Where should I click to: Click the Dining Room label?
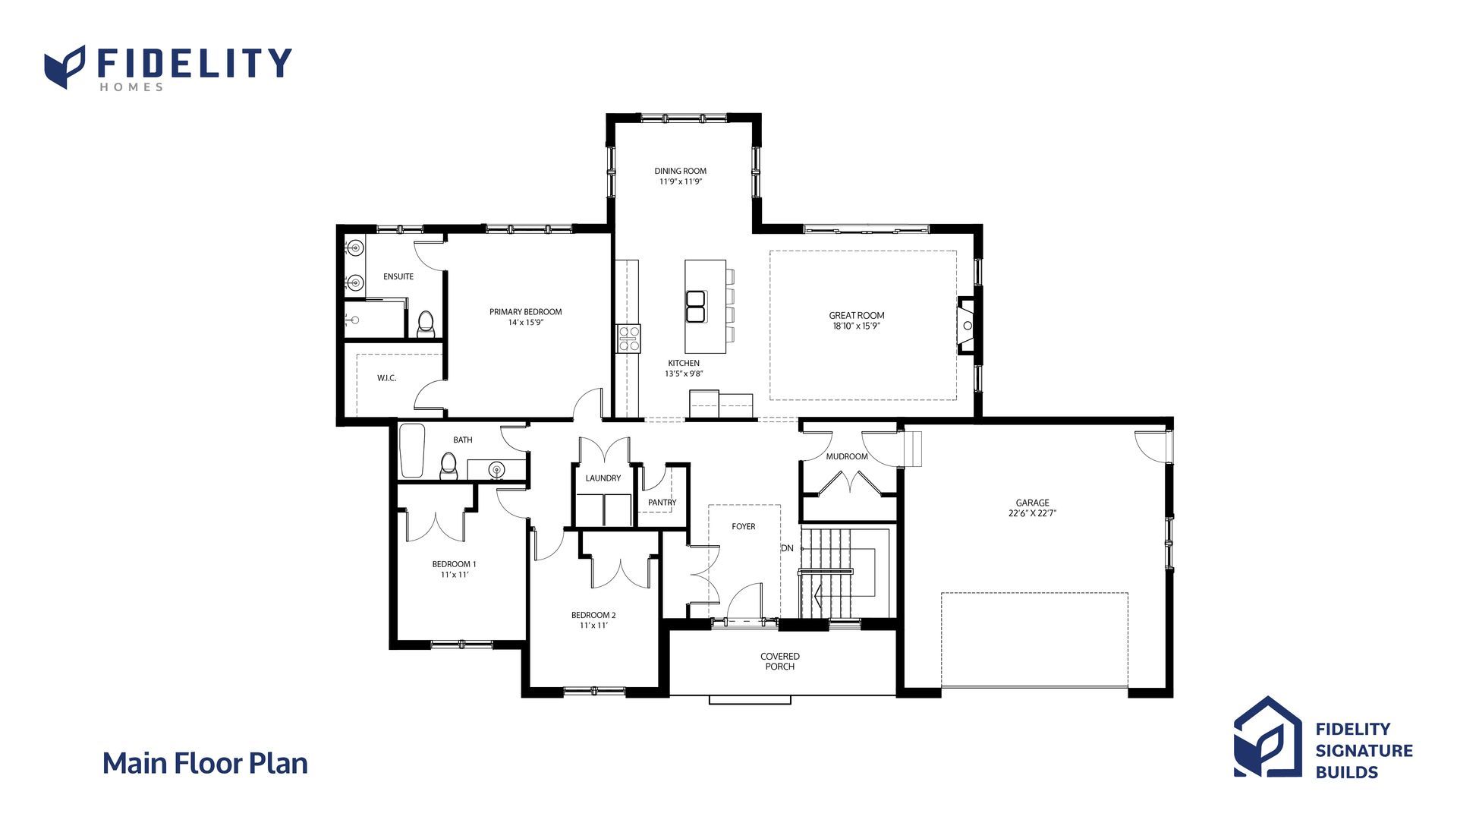(680, 171)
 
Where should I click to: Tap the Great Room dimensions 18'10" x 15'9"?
(856, 326)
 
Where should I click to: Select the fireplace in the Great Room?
(965, 325)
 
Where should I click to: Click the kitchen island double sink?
(695, 307)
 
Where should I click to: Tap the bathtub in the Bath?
(412, 451)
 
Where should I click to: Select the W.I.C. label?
(387, 378)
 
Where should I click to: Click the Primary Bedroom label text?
(525, 312)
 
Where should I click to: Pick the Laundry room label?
(603, 478)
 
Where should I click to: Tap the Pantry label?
(662, 503)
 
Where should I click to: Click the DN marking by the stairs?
(787, 548)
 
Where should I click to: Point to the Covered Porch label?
(780, 661)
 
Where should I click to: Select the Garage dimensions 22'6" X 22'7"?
(1032, 513)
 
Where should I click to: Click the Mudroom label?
(847, 456)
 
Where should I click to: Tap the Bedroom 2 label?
(593, 615)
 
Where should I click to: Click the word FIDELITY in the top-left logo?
(194, 63)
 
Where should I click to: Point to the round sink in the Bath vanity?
(496, 469)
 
